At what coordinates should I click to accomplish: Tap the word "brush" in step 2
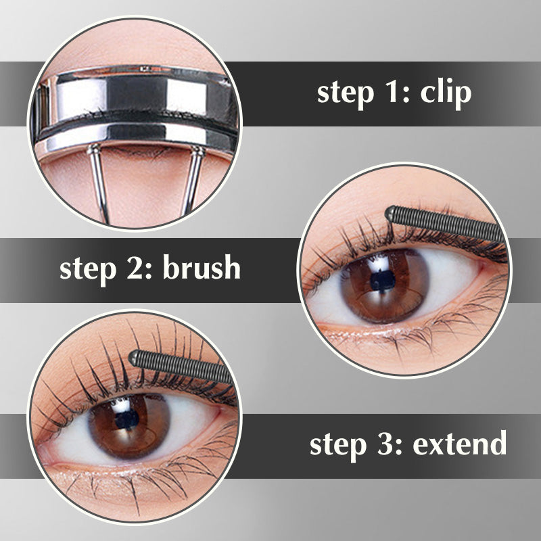(x=202, y=268)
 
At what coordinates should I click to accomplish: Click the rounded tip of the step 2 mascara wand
(x=392, y=214)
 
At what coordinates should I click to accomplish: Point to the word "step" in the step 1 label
(x=344, y=93)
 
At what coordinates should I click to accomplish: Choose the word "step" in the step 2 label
(x=87, y=268)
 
